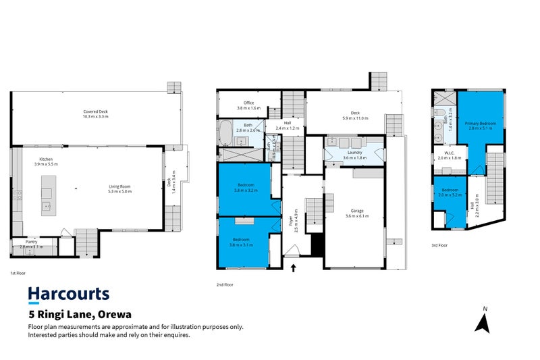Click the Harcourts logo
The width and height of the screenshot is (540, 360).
(x=68, y=294)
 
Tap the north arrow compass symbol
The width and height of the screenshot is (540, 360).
(x=482, y=321)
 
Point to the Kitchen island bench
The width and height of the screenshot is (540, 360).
(x=47, y=193)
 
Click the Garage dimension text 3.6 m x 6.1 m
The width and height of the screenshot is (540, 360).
(x=357, y=215)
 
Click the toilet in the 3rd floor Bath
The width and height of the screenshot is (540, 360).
(x=439, y=112)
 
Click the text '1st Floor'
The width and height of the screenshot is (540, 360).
(x=18, y=273)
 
